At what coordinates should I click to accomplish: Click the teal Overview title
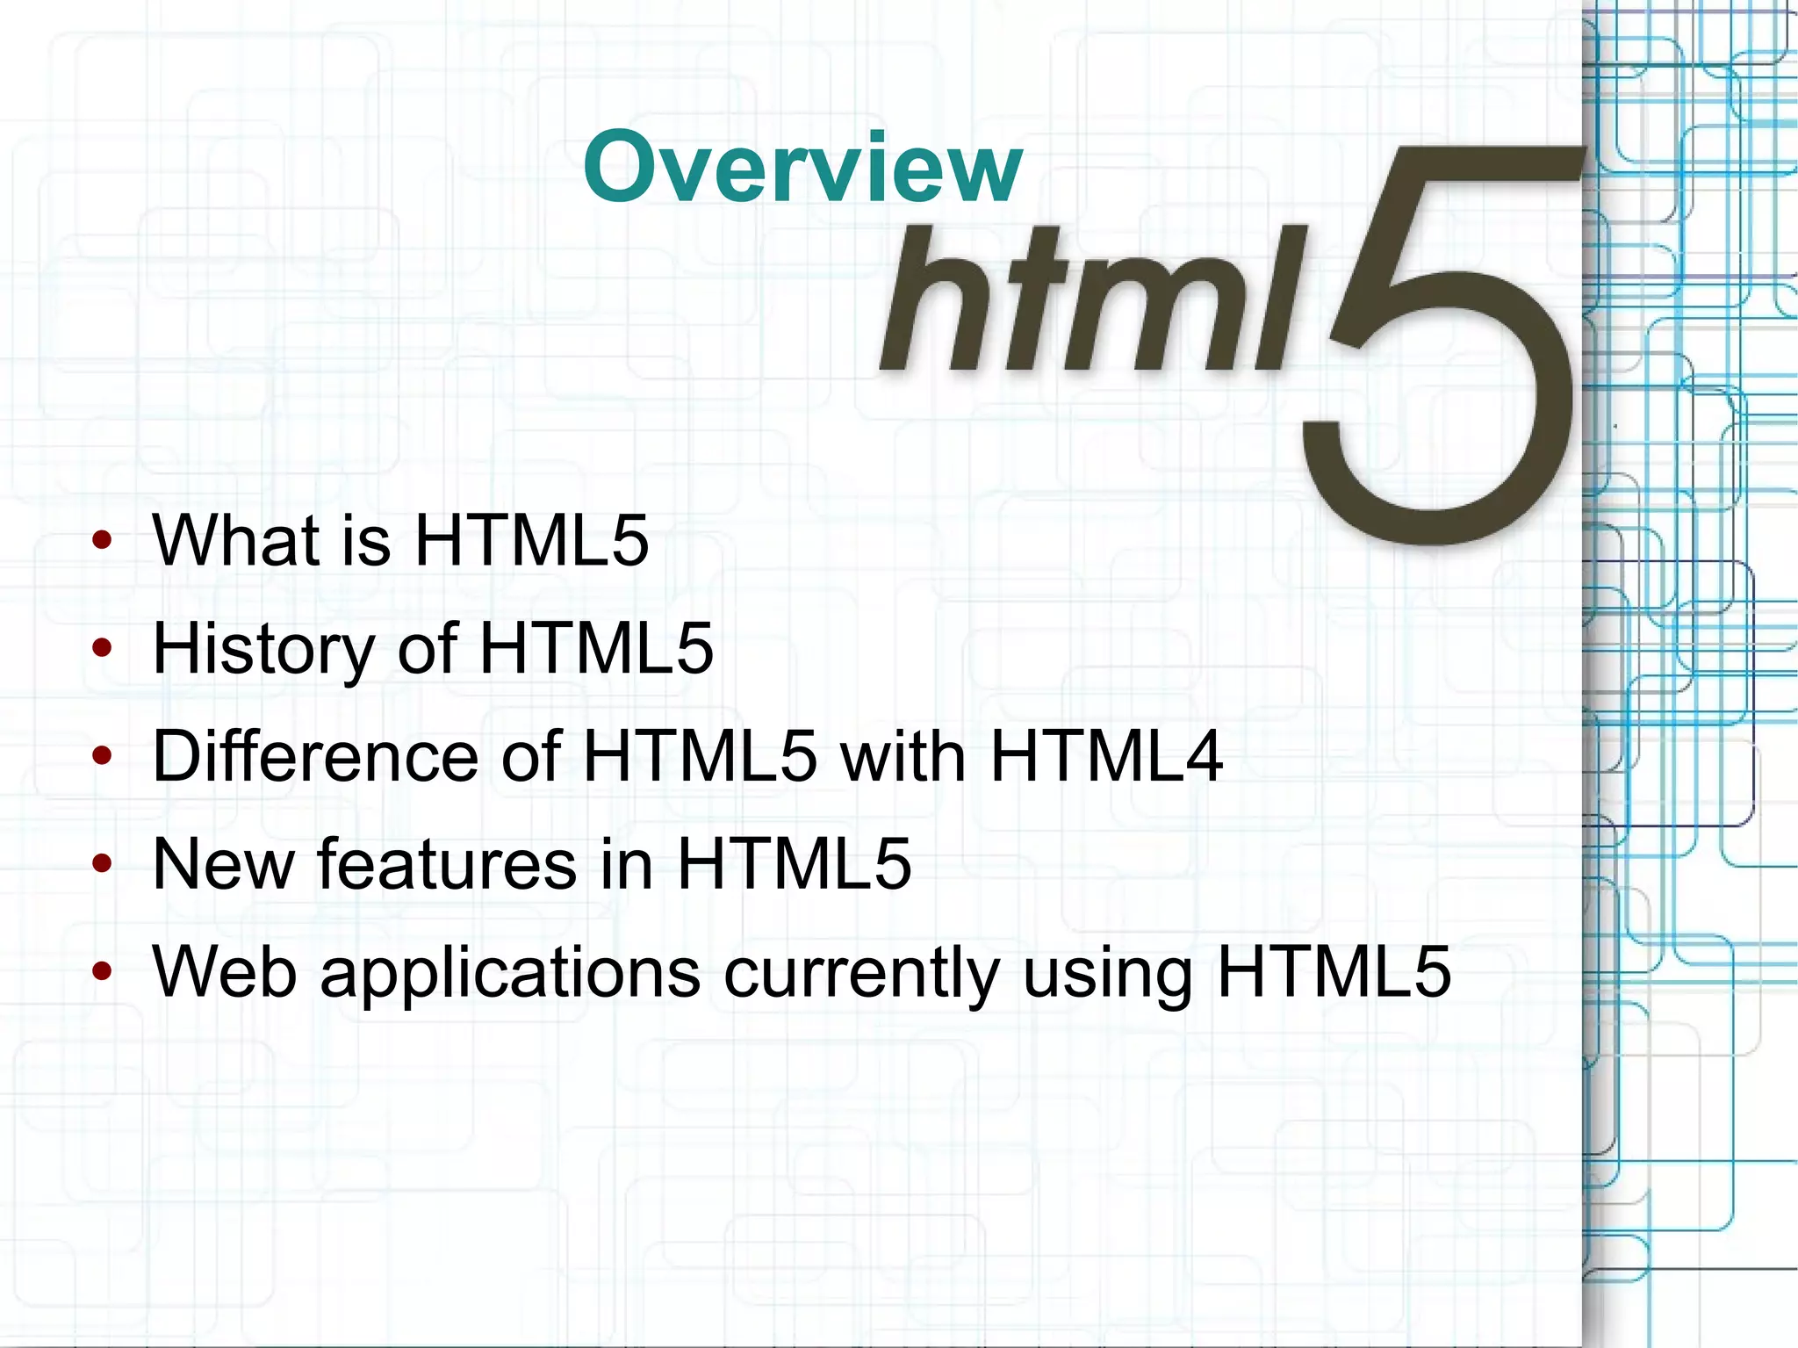802,167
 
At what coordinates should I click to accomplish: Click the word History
263,650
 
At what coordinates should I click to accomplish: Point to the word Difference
315,756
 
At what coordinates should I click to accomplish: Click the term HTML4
1106,756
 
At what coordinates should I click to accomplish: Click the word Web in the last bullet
225,972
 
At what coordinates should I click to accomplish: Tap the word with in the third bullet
903,756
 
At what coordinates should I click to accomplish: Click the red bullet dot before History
103,649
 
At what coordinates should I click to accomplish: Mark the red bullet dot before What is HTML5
103,540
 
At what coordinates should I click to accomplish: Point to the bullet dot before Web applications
103,971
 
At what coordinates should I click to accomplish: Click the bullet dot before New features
103,864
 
